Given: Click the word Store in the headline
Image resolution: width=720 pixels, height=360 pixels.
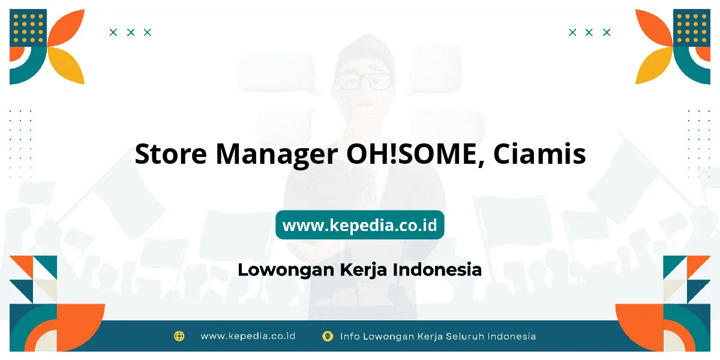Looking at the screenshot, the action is pyautogui.click(x=170, y=154).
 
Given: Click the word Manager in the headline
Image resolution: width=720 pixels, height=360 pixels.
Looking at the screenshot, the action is pyautogui.click(x=277, y=155).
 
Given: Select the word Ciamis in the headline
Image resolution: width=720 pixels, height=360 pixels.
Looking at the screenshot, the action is pyautogui.click(x=539, y=154).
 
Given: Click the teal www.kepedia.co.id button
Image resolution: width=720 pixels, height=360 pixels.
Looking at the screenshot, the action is pyautogui.click(x=359, y=224).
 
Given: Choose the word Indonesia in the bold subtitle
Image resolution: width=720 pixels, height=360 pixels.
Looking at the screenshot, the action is pyautogui.click(x=437, y=269).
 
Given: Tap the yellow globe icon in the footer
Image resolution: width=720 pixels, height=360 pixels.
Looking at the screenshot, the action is pyautogui.click(x=179, y=336).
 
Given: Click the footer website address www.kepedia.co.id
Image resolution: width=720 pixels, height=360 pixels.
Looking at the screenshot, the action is pyautogui.click(x=248, y=336).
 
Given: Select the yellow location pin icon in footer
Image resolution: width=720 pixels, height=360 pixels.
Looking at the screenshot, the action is pyautogui.click(x=328, y=336).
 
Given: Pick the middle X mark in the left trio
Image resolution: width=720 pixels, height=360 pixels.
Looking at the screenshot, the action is pyautogui.click(x=131, y=32).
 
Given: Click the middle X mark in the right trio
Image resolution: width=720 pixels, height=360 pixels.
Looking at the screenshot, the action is pyautogui.click(x=589, y=32).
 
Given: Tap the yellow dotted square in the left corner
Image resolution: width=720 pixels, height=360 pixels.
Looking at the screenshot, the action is pyautogui.click(x=28, y=28).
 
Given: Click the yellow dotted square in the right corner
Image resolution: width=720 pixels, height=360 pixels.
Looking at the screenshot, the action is pyautogui.click(x=692, y=28).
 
